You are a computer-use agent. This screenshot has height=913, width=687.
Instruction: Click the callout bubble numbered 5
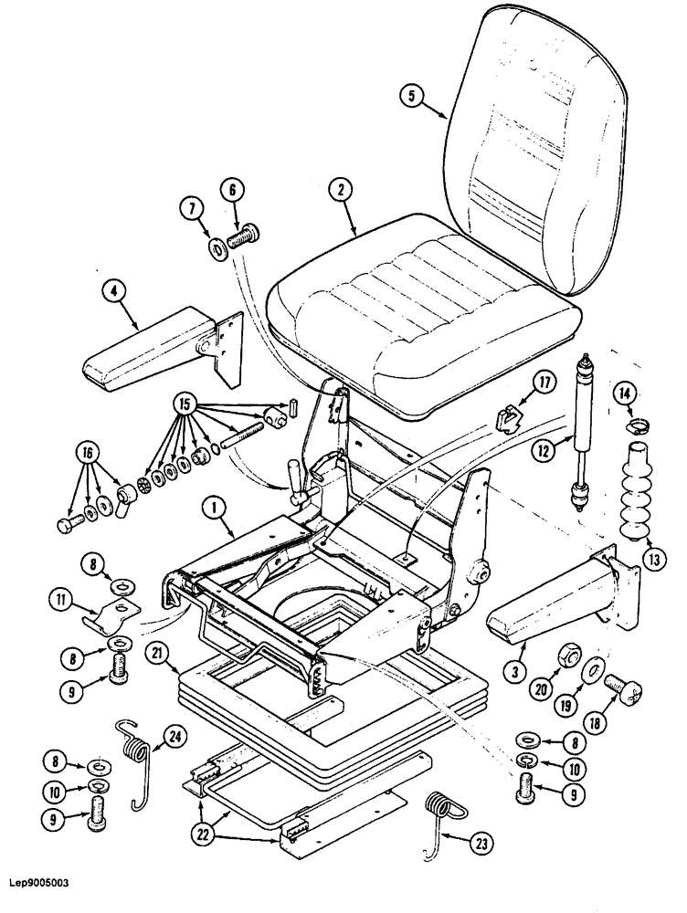(x=414, y=96)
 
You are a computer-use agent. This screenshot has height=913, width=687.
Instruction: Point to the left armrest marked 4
(x=160, y=352)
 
